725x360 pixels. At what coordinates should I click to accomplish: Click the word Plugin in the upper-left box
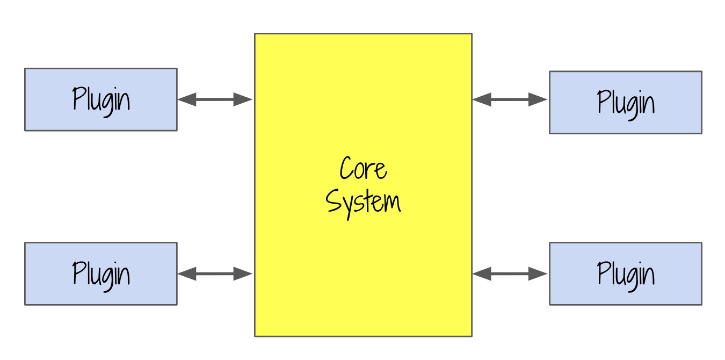click(101, 100)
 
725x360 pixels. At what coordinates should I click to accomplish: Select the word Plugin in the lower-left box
click(101, 274)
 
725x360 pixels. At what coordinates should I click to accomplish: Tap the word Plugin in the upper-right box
click(626, 103)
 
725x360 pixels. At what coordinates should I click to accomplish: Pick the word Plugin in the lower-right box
click(626, 274)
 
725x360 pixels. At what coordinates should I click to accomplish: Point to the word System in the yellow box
click(363, 203)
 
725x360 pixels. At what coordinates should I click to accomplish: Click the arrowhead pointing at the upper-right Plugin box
click(538, 99)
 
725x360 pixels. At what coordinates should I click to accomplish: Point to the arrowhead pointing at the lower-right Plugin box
click(538, 274)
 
